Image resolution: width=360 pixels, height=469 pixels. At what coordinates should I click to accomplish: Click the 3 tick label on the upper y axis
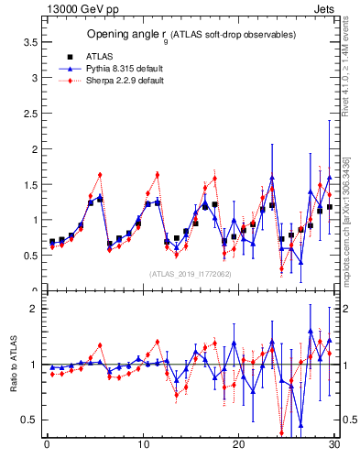35,78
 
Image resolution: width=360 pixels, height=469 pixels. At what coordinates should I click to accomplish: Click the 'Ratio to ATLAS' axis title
14,364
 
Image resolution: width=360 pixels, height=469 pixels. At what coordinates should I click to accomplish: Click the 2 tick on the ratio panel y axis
35,309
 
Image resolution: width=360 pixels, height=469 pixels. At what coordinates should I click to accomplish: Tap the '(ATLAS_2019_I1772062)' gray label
191,273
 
